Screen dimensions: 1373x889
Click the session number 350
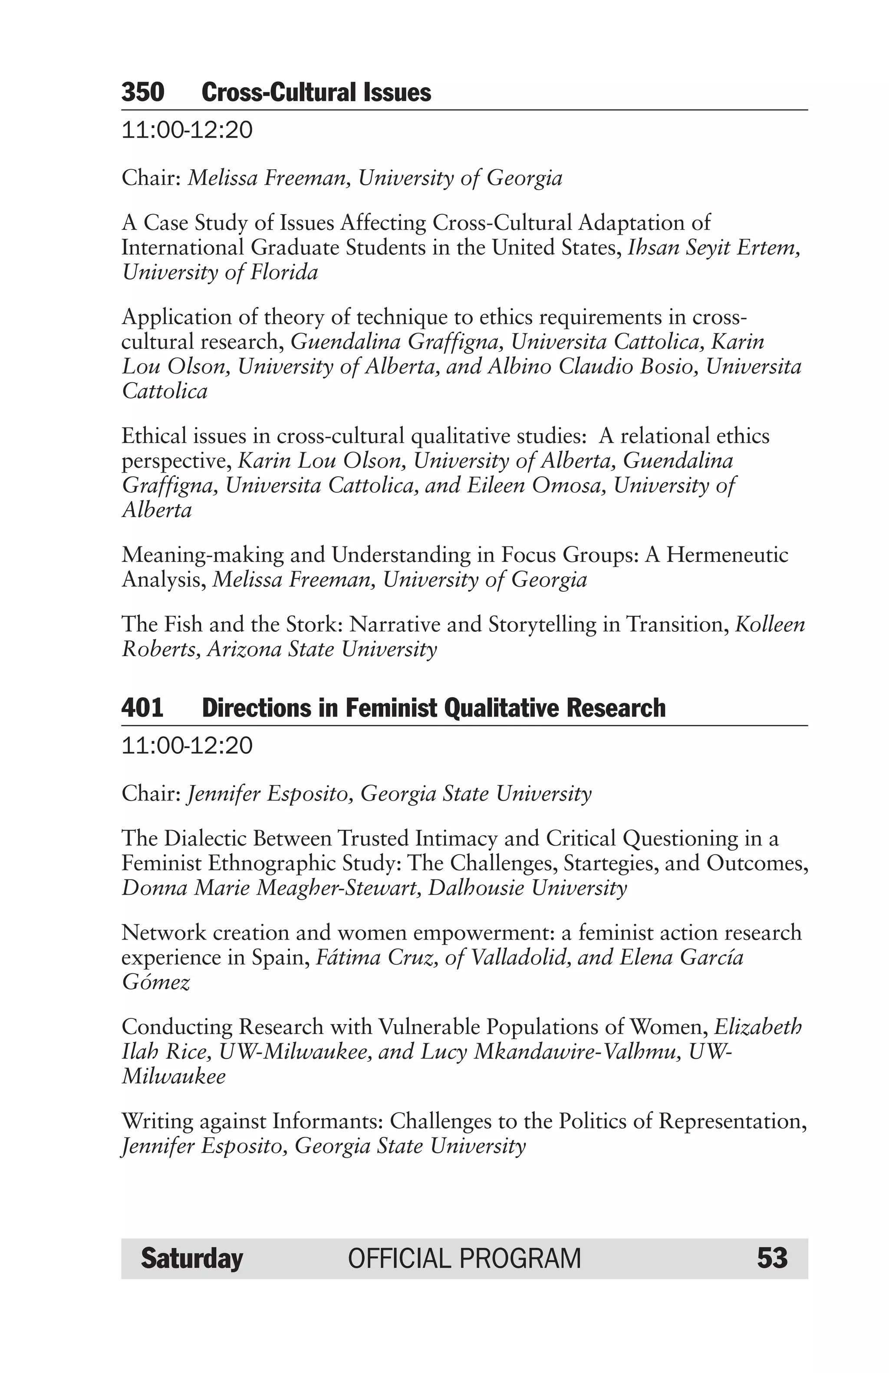(142, 92)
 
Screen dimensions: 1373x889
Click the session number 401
(142, 708)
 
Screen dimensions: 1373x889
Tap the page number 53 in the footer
(772, 1258)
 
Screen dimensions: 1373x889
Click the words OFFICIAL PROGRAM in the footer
(464, 1258)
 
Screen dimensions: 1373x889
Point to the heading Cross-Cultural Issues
(316, 92)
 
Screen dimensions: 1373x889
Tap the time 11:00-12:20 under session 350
(187, 130)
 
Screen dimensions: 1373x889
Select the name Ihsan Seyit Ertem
(712, 247)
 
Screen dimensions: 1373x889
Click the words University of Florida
(220, 272)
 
